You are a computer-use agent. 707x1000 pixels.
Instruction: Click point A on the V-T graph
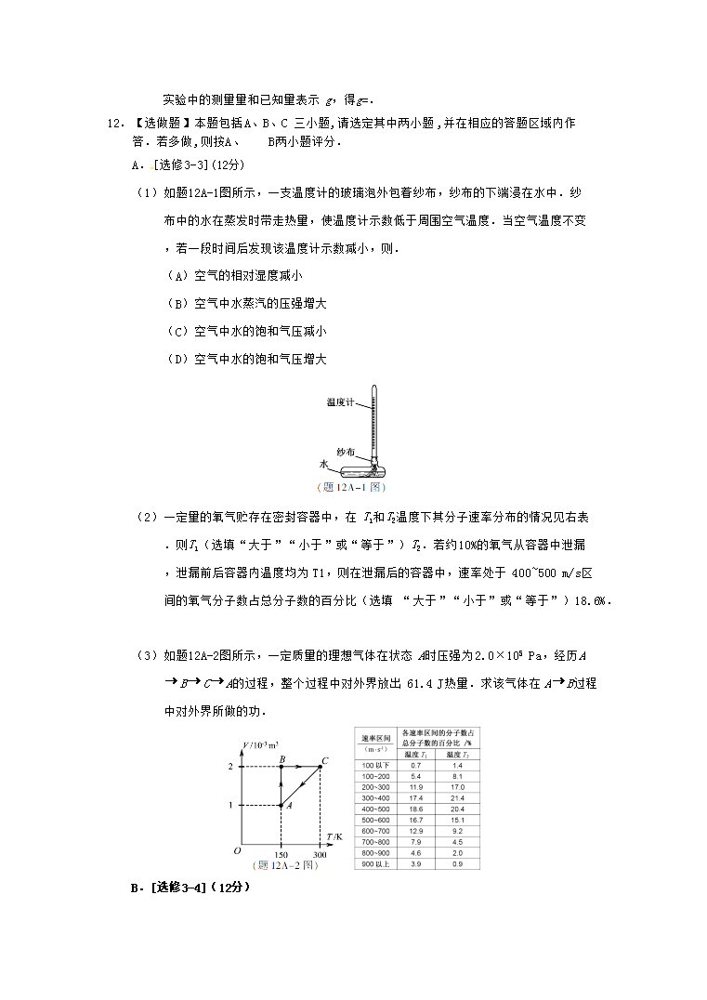point(281,805)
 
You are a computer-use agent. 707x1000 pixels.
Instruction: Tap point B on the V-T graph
point(281,767)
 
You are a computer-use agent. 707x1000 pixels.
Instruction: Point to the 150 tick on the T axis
point(281,854)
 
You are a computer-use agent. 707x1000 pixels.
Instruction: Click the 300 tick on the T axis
point(320,854)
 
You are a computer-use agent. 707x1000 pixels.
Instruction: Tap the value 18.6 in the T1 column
point(415,809)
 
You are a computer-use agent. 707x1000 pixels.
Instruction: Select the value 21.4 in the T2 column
point(457,798)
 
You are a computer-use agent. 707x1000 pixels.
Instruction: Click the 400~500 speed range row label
point(374,809)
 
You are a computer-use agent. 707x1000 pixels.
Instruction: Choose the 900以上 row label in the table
point(374,864)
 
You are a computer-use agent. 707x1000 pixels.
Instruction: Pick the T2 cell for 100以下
point(457,765)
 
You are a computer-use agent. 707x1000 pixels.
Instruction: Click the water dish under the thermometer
point(353,470)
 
